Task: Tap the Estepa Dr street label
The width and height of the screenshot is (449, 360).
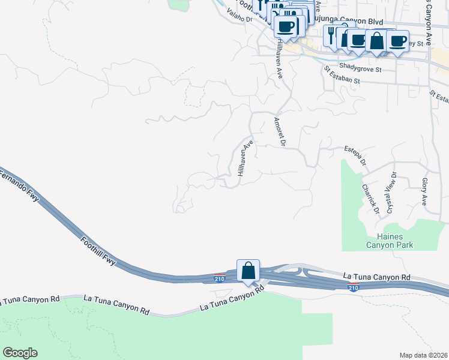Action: (354, 154)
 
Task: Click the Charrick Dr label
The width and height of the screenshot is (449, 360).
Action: (370, 198)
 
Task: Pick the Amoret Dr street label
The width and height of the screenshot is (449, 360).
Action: (279, 131)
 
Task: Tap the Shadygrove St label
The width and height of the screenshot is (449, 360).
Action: (360, 69)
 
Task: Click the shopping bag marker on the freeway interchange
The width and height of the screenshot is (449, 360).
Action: (248, 271)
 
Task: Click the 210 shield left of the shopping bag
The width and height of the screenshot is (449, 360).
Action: (220, 278)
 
